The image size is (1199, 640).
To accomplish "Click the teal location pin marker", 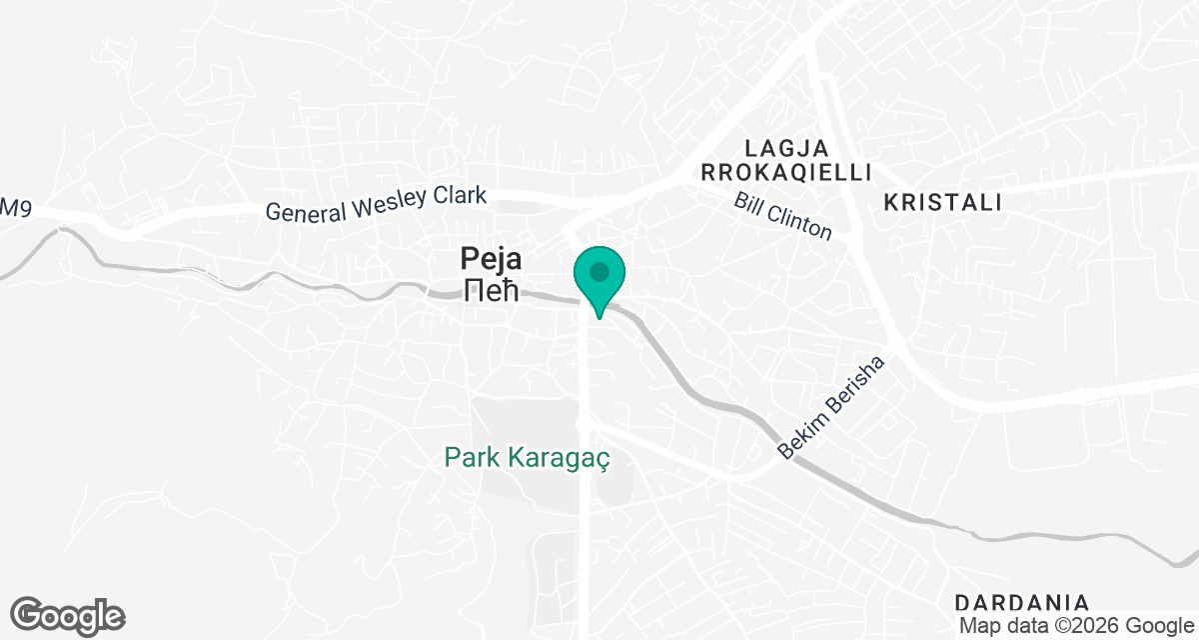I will pyautogui.click(x=599, y=276).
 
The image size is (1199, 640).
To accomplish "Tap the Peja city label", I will pyautogui.click(x=491, y=260).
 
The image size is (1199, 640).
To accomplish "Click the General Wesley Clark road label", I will pyautogui.click(x=376, y=203).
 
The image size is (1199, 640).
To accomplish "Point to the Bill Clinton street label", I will pyautogui.click(x=782, y=215).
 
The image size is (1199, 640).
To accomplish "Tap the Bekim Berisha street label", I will pyautogui.click(x=831, y=408).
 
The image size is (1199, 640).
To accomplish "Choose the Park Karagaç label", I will pyautogui.click(x=527, y=459).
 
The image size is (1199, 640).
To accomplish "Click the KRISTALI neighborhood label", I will pyautogui.click(x=942, y=203).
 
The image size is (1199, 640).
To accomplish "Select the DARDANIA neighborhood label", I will pyautogui.click(x=1021, y=603).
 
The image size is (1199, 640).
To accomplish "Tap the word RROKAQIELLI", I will pyautogui.click(x=786, y=173).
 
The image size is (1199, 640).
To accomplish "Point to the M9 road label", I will pyautogui.click(x=10, y=207).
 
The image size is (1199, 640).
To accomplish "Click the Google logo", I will pyautogui.click(x=68, y=616).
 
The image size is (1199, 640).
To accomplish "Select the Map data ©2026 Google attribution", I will pyautogui.click(x=1075, y=626).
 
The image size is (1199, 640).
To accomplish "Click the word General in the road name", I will pyautogui.click(x=304, y=212).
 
